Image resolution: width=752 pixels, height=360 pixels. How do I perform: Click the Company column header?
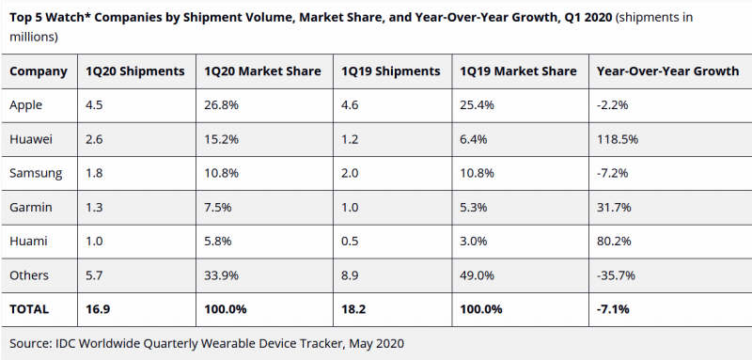point(39,71)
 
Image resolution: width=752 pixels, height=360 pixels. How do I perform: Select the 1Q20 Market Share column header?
point(262,71)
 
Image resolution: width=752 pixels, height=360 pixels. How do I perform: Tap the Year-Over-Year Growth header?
point(667,71)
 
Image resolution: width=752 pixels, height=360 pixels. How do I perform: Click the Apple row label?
point(26,105)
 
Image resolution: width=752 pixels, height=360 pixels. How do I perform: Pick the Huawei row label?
point(31,139)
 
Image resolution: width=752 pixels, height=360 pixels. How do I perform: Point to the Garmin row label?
point(31,207)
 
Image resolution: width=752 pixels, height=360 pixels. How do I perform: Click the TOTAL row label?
point(29,309)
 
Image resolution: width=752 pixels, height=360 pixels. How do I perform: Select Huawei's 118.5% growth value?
point(618,139)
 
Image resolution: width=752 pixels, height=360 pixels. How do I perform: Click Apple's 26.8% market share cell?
point(221,105)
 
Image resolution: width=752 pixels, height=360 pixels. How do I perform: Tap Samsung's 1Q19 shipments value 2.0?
point(350,173)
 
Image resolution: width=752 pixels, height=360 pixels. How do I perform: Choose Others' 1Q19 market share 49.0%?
point(478,275)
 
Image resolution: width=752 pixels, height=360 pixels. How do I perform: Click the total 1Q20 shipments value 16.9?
point(98,309)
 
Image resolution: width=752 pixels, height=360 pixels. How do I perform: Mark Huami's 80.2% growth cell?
point(614,242)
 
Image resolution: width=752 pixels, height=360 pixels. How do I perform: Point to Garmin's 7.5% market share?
point(218,207)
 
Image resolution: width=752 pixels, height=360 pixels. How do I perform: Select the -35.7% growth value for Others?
point(616,275)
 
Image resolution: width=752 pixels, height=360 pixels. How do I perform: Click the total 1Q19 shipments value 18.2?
point(353,309)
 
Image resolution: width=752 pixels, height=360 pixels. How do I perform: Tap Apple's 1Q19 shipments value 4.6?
point(350,105)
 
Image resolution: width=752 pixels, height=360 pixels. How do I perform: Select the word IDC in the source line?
point(66,343)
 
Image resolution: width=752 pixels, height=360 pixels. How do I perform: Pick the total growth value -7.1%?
point(613,309)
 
